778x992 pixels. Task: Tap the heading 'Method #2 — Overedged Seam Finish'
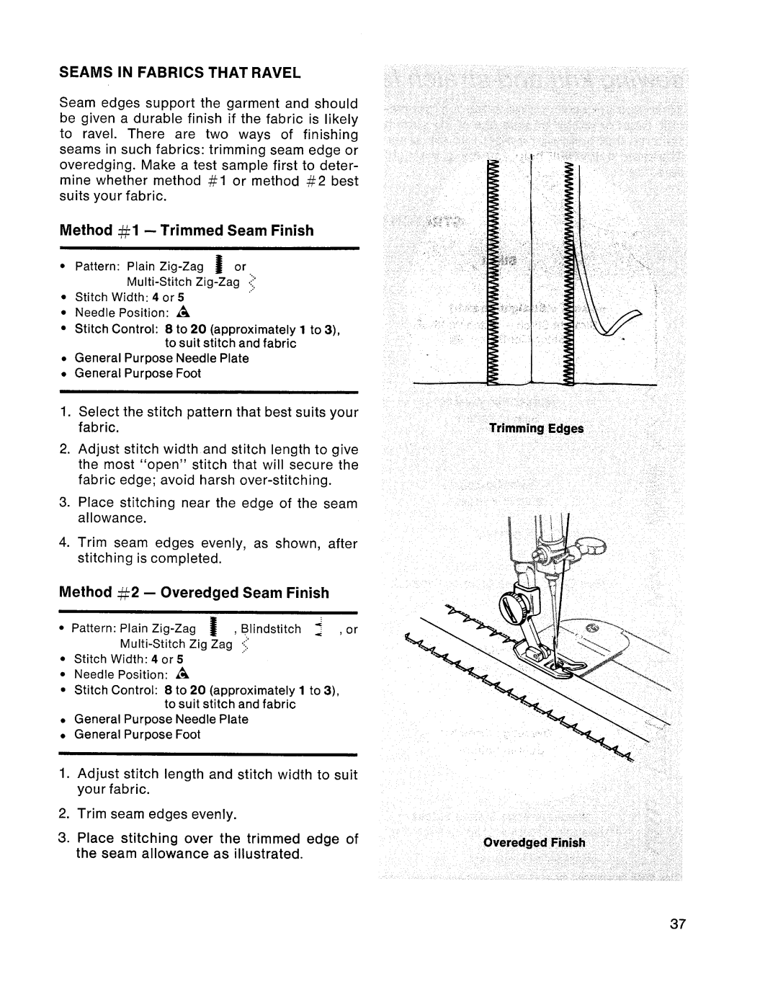194,593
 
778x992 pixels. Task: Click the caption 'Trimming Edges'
537,429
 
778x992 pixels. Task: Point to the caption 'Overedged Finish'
534,842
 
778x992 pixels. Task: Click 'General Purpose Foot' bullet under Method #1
138,373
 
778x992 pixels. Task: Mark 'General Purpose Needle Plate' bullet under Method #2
161,719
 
